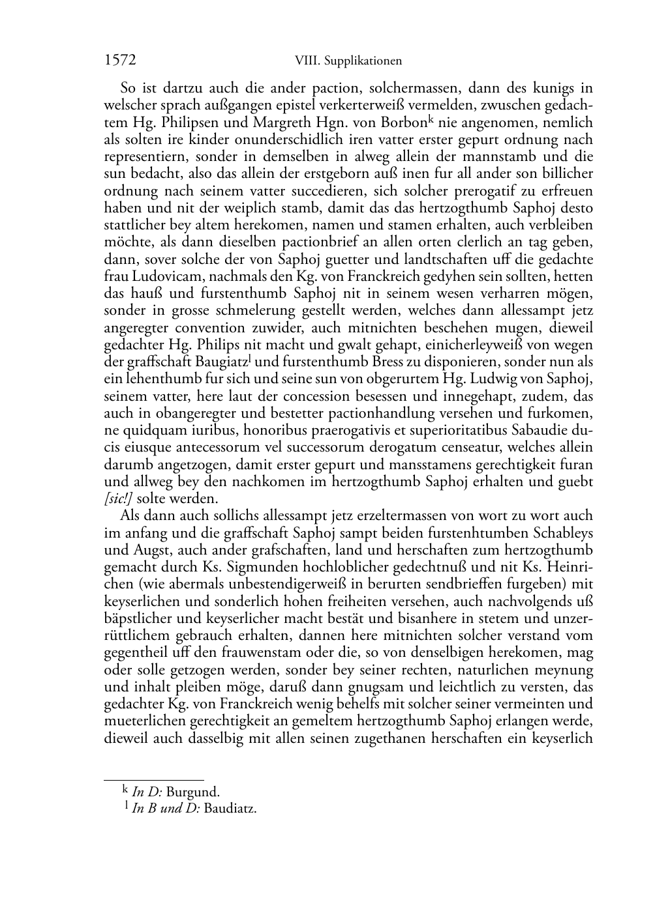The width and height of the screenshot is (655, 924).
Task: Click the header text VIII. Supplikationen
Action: [348, 61]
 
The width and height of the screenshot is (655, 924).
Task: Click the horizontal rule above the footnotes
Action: [154, 780]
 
